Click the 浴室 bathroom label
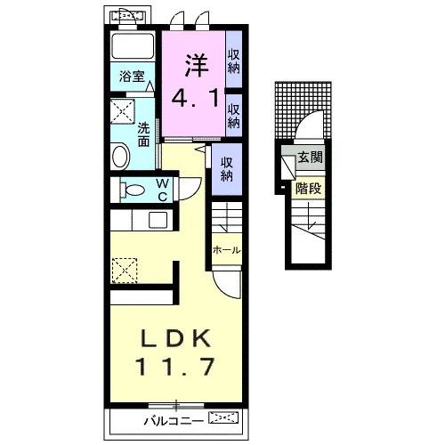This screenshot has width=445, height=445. [x=132, y=77]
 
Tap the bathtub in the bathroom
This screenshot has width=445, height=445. [x=133, y=46]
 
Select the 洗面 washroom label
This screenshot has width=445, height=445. [x=143, y=135]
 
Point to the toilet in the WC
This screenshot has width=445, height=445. [x=133, y=190]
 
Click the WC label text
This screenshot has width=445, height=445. [x=162, y=190]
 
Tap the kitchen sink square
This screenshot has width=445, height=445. [x=158, y=220]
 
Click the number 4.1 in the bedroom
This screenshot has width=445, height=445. [x=195, y=98]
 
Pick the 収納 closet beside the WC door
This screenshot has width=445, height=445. [x=227, y=169]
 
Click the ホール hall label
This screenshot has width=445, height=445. [x=226, y=250]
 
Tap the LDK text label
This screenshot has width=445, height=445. [x=175, y=338]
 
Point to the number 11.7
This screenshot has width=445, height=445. [x=175, y=367]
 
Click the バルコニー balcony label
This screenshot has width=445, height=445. [x=174, y=421]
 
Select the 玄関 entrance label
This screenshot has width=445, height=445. [x=310, y=157]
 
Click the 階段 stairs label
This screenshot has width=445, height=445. [x=308, y=188]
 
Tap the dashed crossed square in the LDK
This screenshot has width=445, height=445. [x=125, y=271]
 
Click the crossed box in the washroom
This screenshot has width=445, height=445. [x=123, y=111]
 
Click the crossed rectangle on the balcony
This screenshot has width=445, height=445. [x=223, y=417]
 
